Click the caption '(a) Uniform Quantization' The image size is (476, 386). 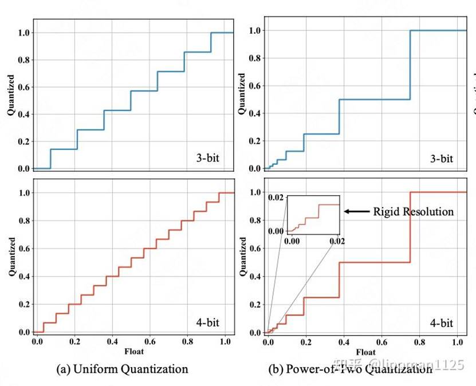(x=123, y=369)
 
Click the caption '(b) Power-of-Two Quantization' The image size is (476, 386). (x=350, y=369)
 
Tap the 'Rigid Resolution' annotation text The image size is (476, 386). (x=413, y=212)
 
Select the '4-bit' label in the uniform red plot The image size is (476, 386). (x=207, y=323)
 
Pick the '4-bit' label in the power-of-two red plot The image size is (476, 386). (x=441, y=323)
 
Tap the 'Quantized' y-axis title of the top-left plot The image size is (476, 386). (x=11, y=94)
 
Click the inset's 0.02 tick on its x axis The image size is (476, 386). (x=337, y=242)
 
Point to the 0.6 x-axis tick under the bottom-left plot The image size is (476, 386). (x=151, y=342)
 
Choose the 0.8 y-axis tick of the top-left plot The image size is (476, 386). (x=23, y=60)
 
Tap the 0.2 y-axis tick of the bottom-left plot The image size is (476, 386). (x=23, y=304)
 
